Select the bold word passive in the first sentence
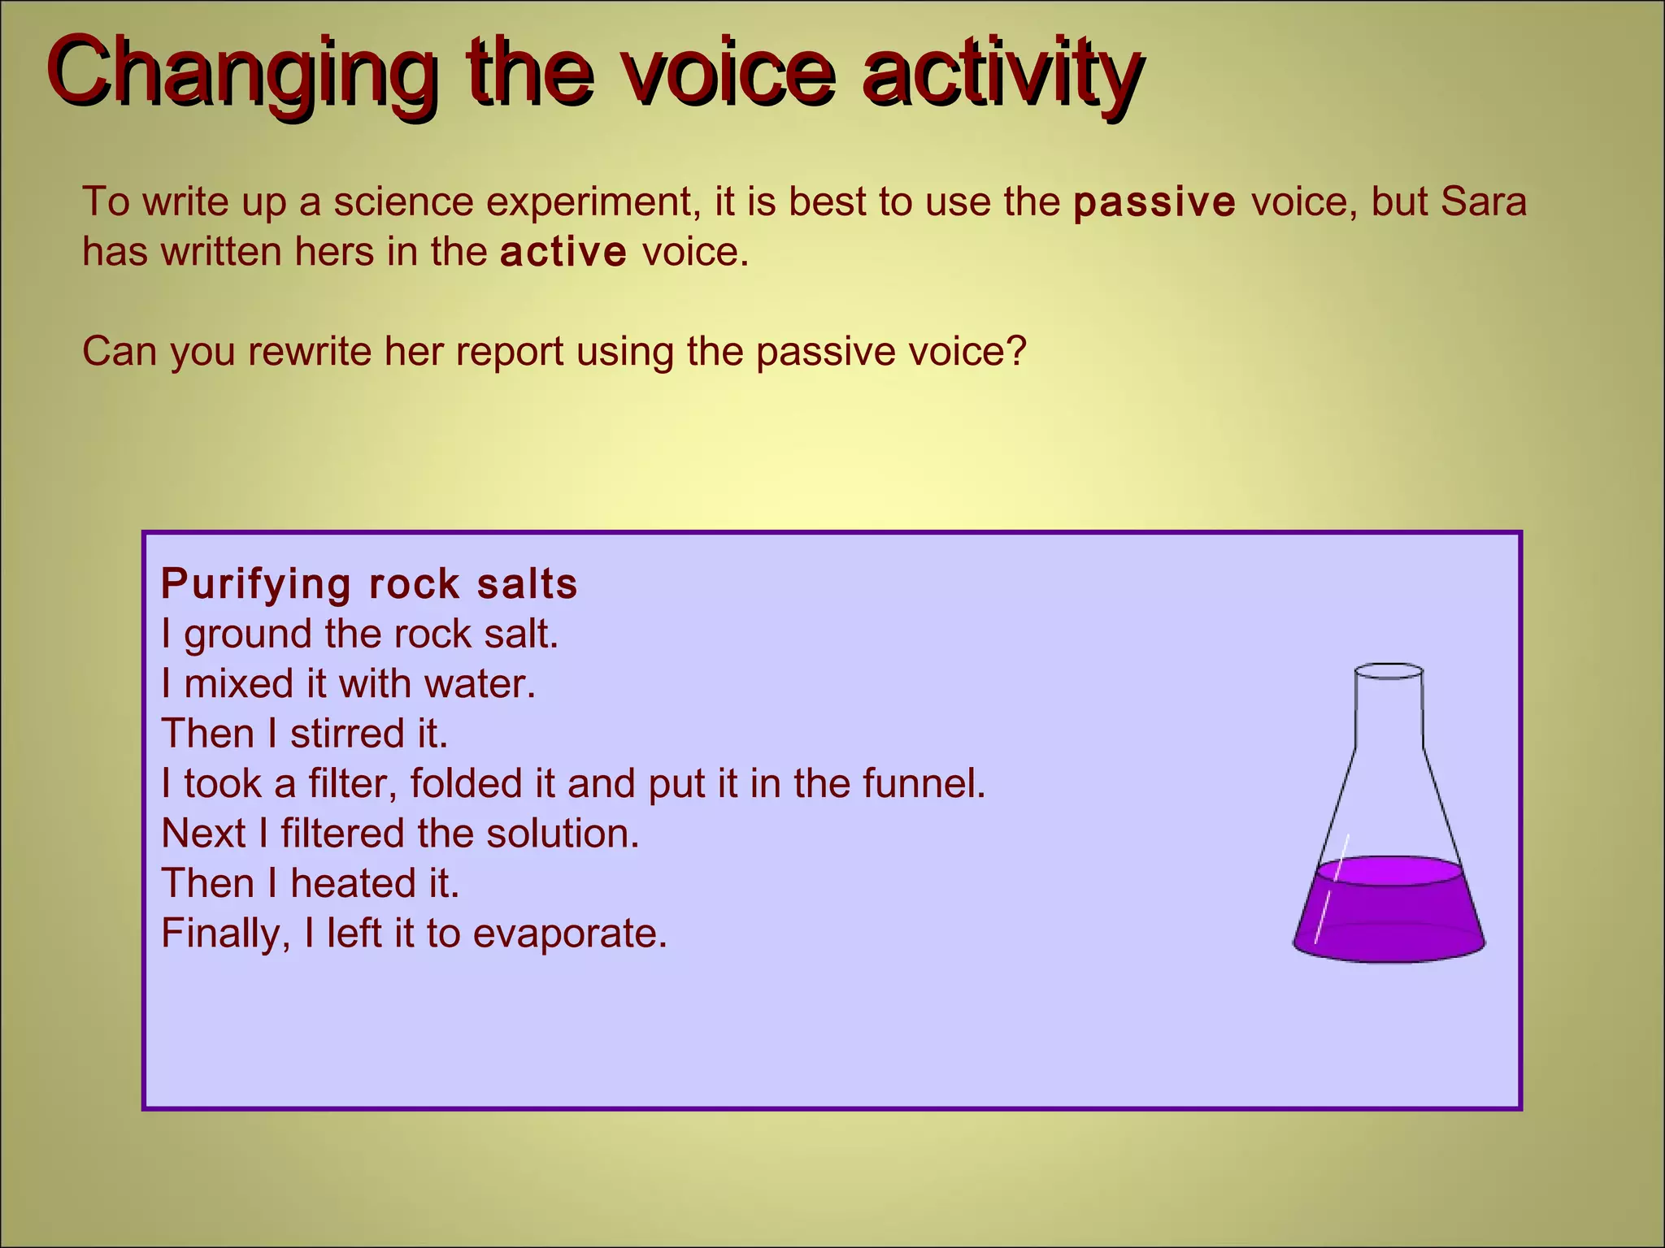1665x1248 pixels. (1154, 202)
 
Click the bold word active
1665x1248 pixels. (563, 253)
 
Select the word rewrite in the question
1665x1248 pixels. (309, 352)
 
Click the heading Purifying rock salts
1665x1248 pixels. (369, 583)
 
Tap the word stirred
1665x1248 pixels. (346, 734)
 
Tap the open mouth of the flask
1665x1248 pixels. (1389, 672)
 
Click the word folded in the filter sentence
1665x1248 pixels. (466, 784)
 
